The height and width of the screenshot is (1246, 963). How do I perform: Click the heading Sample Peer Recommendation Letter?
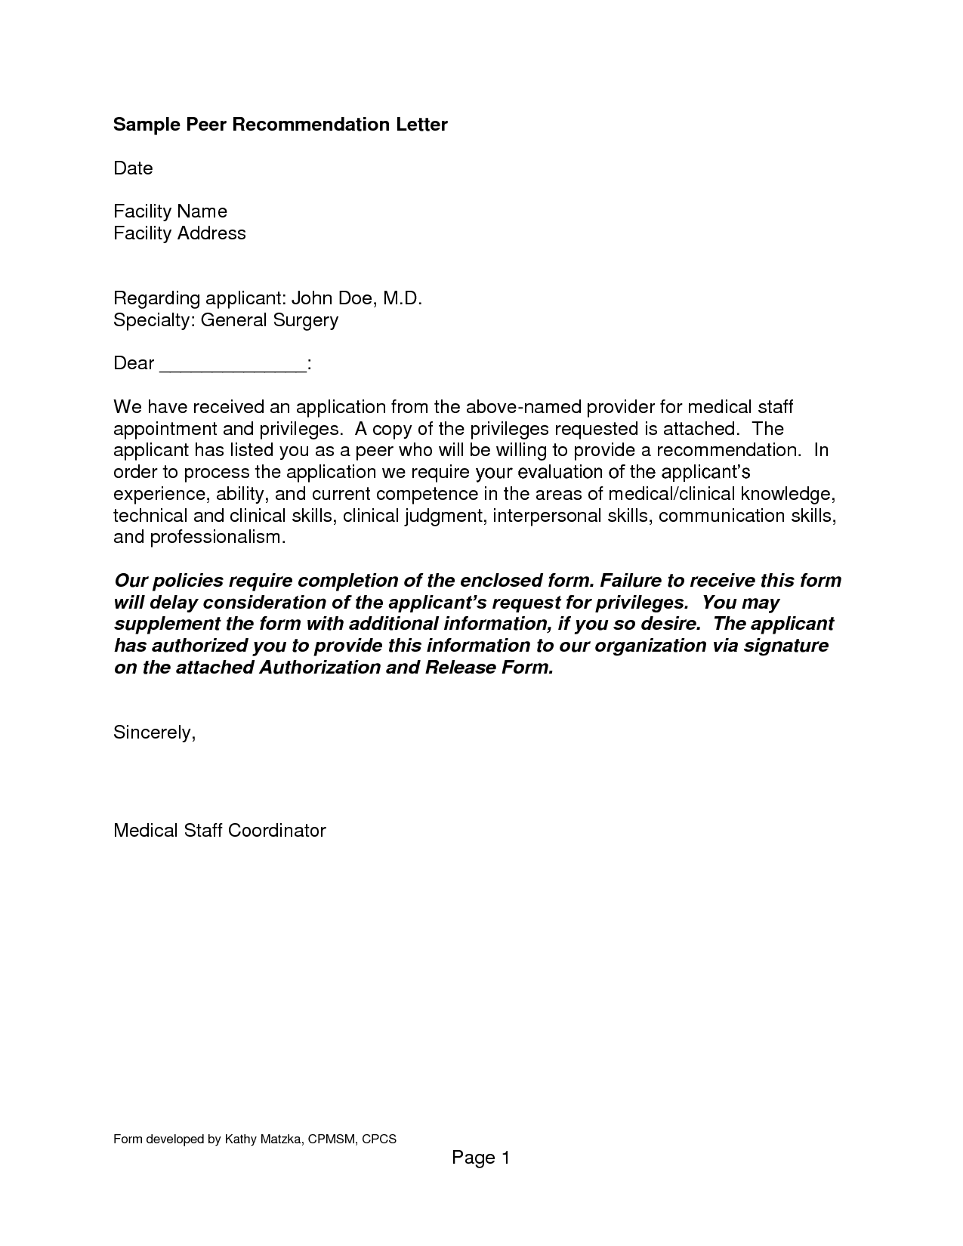(x=280, y=125)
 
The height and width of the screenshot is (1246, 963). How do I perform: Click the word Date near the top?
(x=133, y=168)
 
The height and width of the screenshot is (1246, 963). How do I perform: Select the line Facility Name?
(x=170, y=211)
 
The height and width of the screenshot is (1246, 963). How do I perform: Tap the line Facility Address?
(x=180, y=233)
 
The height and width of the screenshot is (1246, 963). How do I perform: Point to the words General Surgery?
(x=269, y=320)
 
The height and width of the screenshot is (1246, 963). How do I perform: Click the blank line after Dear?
(x=233, y=364)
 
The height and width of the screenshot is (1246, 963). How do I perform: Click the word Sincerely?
(x=154, y=732)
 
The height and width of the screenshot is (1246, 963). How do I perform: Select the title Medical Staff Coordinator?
(x=219, y=831)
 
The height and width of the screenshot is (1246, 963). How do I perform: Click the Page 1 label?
(x=481, y=1158)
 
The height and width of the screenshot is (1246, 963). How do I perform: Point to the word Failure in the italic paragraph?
(x=635, y=581)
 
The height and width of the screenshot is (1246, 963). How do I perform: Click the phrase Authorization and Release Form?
(x=405, y=668)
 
